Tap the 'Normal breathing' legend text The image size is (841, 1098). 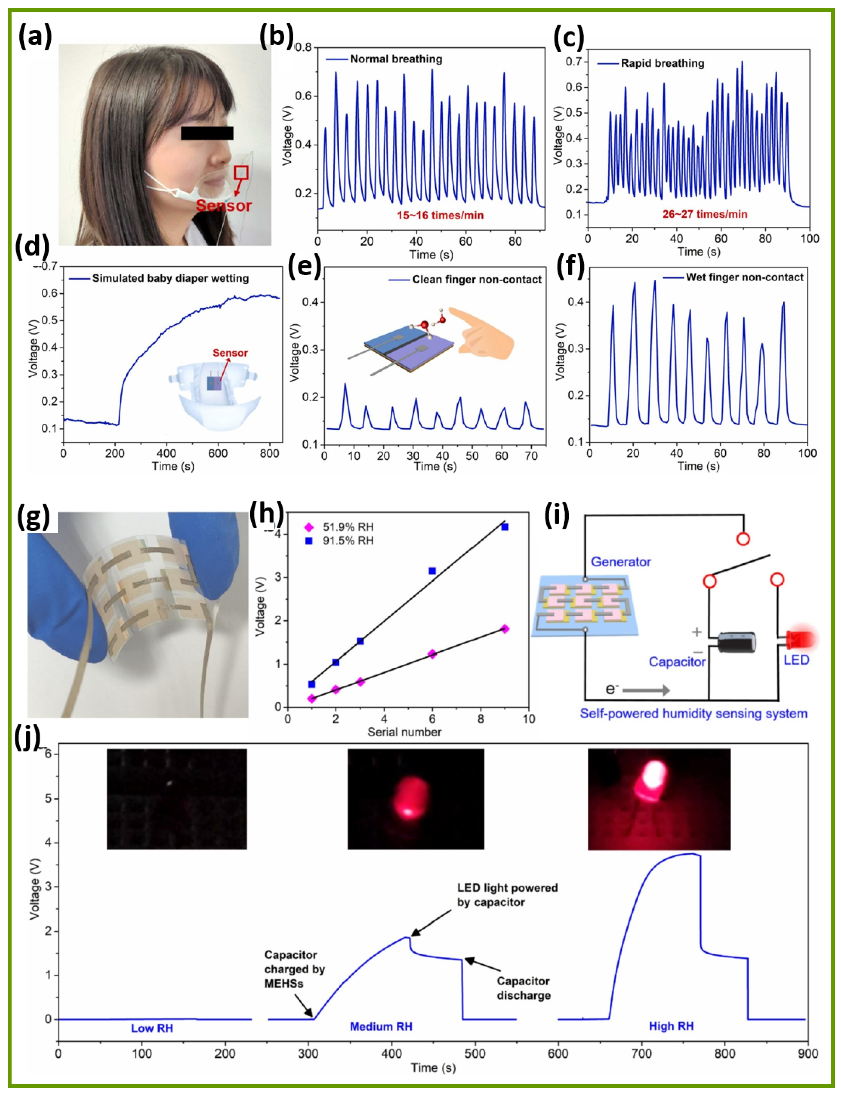pos(396,59)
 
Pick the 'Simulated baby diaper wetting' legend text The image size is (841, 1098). pos(170,278)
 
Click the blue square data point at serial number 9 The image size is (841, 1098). pos(505,527)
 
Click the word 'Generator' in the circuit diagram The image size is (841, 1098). pos(621,562)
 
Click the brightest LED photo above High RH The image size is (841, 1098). pos(659,799)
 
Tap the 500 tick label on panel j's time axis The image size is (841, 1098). pos(474,1054)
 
